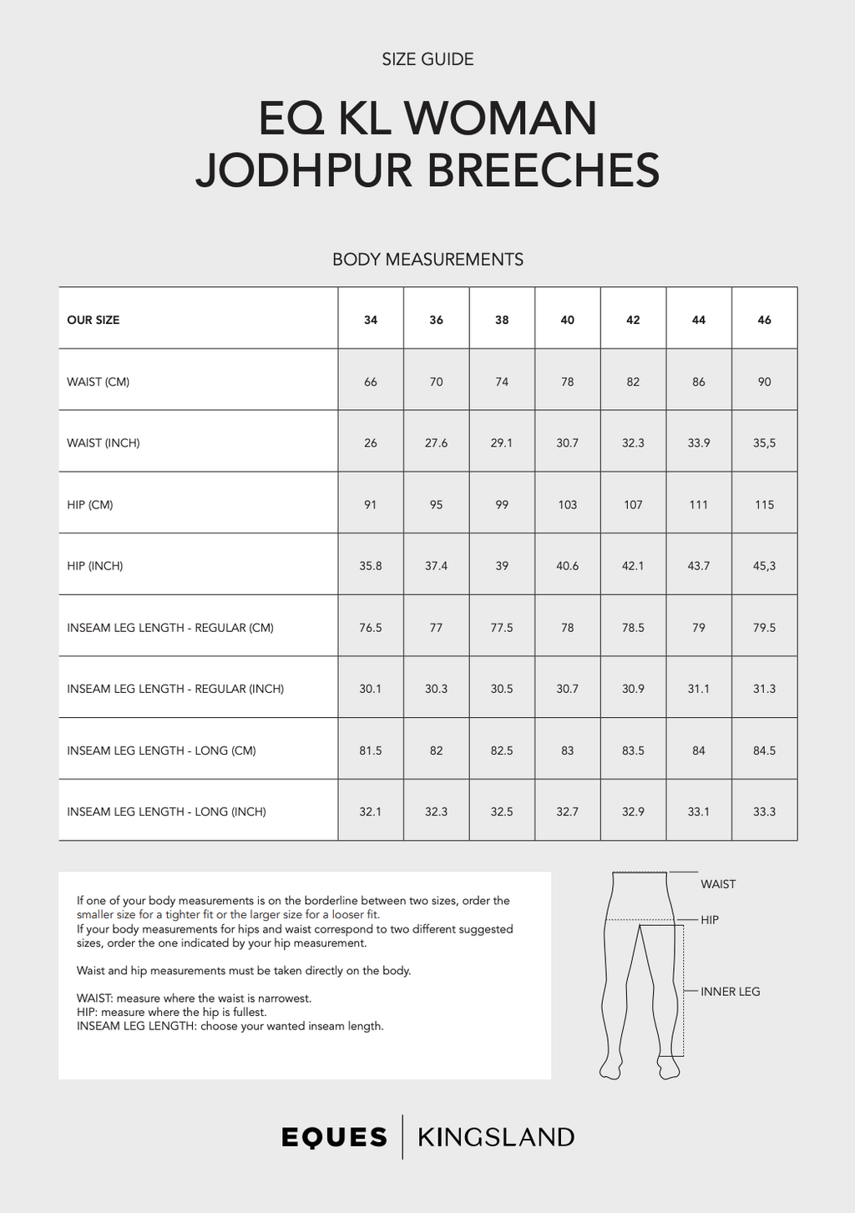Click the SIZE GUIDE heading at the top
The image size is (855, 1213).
click(427, 59)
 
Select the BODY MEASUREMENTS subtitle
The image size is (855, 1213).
click(427, 260)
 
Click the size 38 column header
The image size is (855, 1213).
click(502, 320)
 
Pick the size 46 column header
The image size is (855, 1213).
click(764, 320)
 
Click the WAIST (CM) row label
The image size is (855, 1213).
click(99, 382)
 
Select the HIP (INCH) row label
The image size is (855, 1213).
click(95, 566)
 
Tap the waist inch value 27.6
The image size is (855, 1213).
click(436, 443)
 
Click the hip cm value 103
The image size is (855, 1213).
click(567, 505)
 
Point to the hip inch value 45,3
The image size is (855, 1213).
click(764, 566)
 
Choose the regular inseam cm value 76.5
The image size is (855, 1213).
click(371, 628)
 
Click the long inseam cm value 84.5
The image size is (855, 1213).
click(764, 751)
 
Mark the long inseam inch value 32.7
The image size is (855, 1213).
click(567, 811)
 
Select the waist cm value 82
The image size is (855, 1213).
click(633, 382)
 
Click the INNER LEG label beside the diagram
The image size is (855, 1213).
click(730, 992)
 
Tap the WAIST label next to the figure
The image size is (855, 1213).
click(718, 884)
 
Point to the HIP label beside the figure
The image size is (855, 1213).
click(710, 920)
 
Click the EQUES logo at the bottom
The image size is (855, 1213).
click(335, 1137)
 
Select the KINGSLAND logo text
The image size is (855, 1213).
click(496, 1137)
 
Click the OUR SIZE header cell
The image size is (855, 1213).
click(94, 320)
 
